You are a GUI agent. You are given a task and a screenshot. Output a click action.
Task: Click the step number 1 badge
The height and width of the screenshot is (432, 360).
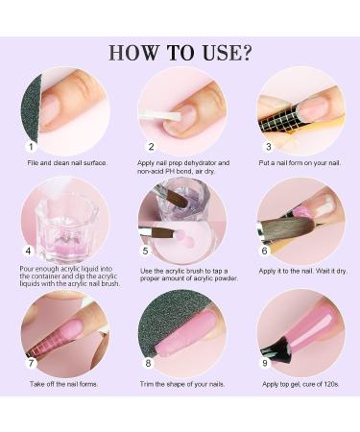(x=31, y=147)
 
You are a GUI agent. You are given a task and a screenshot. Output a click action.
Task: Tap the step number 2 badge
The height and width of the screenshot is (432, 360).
(x=151, y=147)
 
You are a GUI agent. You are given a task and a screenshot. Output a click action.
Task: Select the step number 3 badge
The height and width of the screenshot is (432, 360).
(x=269, y=147)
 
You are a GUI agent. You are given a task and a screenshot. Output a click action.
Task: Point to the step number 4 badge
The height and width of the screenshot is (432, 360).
(x=29, y=251)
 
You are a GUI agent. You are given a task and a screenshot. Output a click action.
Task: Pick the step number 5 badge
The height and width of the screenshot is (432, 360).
(x=146, y=251)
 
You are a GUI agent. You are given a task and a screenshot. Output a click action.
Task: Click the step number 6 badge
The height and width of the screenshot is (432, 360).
(x=264, y=251)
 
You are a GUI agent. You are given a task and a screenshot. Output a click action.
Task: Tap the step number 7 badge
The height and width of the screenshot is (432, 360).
(x=31, y=363)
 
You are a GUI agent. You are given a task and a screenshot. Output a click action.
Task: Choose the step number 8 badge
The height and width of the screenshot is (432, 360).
(x=148, y=363)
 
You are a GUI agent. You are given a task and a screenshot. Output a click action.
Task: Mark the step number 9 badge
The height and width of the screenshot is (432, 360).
(x=265, y=363)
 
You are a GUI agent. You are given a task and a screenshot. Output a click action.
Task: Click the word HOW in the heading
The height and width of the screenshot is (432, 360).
(x=133, y=53)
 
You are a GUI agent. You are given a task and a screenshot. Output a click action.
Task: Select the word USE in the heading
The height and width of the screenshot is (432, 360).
(x=222, y=53)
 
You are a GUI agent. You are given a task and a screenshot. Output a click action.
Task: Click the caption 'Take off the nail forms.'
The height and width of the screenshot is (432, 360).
(x=63, y=384)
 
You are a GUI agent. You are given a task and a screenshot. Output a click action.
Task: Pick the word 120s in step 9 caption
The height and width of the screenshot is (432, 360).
(x=331, y=384)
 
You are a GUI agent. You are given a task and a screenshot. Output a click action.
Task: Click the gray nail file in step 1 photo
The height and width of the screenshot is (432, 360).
(x=32, y=108)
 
